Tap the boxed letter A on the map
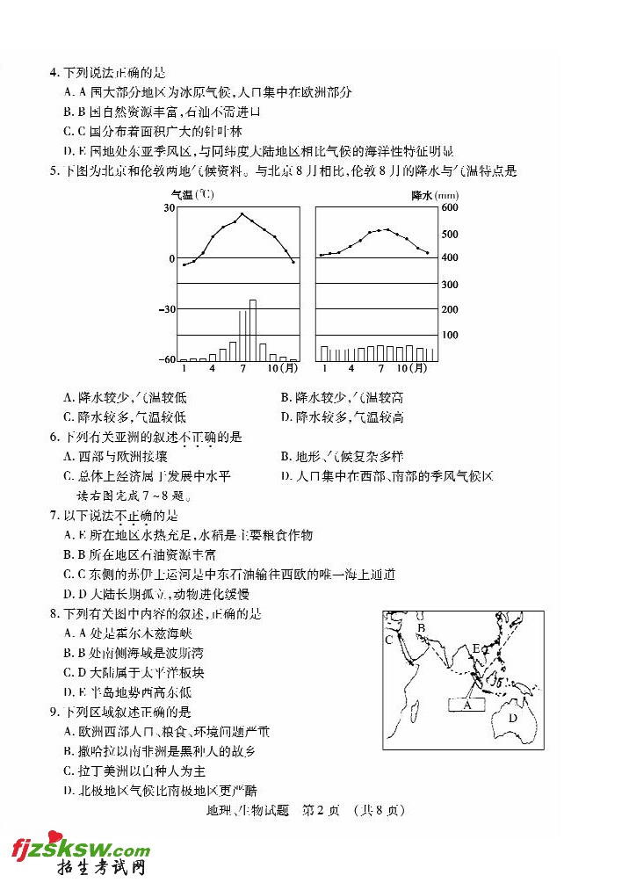click(x=468, y=704)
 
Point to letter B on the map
click(x=422, y=628)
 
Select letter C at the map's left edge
click(x=388, y=640)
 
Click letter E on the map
click(x=475, y=649)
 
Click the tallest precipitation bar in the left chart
click(x=253, y=330)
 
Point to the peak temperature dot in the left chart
click(x=242, y=213)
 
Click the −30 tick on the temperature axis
click(x=167, y=309)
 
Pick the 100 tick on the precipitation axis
click(x=450, y=336)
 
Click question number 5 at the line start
click(x=54, y=171)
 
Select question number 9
click(x=54, y=712)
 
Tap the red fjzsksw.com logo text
click(x=79, y=850)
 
